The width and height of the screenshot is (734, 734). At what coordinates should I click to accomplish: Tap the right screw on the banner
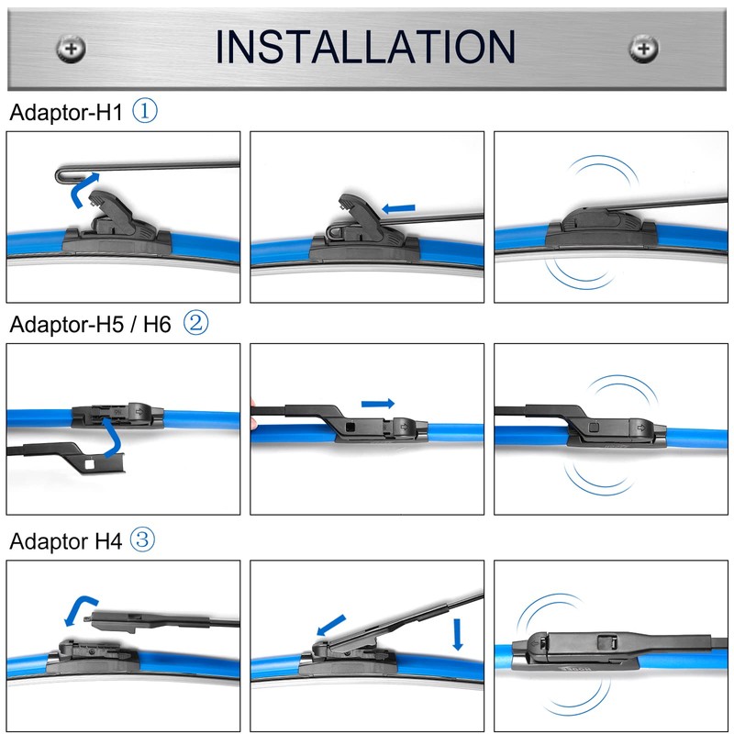pyautogui.click(x=643, y=48)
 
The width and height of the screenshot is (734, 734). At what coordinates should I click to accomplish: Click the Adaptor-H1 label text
pyautogui.click(x=66, y=113)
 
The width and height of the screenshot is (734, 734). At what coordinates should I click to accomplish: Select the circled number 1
pyautogui.click(x=146, y=112)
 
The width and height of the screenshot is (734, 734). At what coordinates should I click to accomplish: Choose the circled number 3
pyautogui.click(x=142, y=540)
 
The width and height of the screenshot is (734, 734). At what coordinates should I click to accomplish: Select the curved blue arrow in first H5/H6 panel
pyautogui.click(x=110, y=439)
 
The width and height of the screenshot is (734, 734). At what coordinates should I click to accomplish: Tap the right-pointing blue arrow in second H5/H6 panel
pyautogui.click(x=378, y=404)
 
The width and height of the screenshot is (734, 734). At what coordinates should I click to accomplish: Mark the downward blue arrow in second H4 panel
pyautogui.click(x=457, y=634)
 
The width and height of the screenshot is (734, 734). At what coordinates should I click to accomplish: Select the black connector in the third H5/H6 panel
pyautogui.click(x=610, y=427)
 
